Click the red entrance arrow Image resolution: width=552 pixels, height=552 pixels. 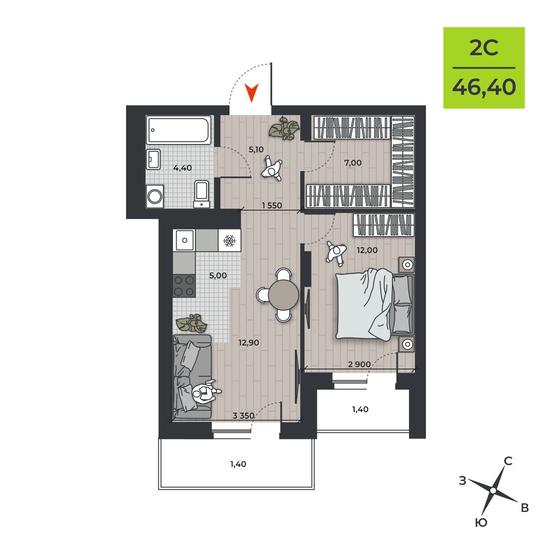pos(252,92)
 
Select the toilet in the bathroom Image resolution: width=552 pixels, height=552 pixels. pos(201,194)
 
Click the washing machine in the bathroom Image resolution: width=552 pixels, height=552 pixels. pos(155,196)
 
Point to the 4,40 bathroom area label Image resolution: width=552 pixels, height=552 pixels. pos(183,168)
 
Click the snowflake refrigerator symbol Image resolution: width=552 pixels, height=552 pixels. pos(230,241)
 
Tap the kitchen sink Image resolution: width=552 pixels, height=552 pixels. pos(184,240)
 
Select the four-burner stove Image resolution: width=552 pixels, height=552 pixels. pos(184,286)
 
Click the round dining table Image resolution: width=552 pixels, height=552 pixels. pos(284,295)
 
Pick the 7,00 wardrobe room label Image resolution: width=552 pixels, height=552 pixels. pos(353,163)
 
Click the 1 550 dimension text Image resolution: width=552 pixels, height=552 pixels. pos(272,205)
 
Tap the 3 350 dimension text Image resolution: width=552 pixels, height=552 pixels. pos(243,415)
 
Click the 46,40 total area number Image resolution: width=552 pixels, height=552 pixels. pos(484,87)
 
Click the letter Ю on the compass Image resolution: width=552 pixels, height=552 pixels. pos(481,523)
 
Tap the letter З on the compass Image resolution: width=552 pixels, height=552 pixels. pos(463,480)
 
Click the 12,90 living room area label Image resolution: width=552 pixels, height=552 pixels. pos(249,342)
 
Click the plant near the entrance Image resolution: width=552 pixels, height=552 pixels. pos(284,128)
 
